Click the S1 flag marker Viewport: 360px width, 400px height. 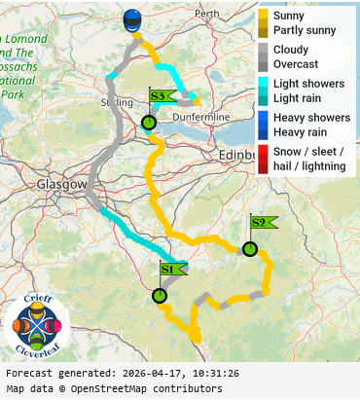(x=170, y=269)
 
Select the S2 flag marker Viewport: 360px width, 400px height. (x=262, y=223)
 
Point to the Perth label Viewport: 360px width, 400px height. (x=207, y=15)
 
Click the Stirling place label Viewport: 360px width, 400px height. (x=117, y=101)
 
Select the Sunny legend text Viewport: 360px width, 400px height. (x=289, y=17)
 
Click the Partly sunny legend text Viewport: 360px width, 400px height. (x=305, y=30)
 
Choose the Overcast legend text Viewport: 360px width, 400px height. (x=298, y=64)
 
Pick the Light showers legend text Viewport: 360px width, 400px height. (x=308, y=84)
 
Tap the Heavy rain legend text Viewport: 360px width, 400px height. (x=300, y=131)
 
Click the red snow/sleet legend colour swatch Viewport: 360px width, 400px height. (x=263, y=159)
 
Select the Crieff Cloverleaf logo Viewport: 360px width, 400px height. (x=37, y=325)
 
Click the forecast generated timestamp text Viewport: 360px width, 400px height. (x=123, y=373)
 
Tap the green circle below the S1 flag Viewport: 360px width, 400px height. (x=160, y=296)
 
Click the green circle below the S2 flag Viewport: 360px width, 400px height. (x=250, y=249)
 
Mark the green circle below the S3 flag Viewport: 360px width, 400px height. (x=148, y=123)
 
